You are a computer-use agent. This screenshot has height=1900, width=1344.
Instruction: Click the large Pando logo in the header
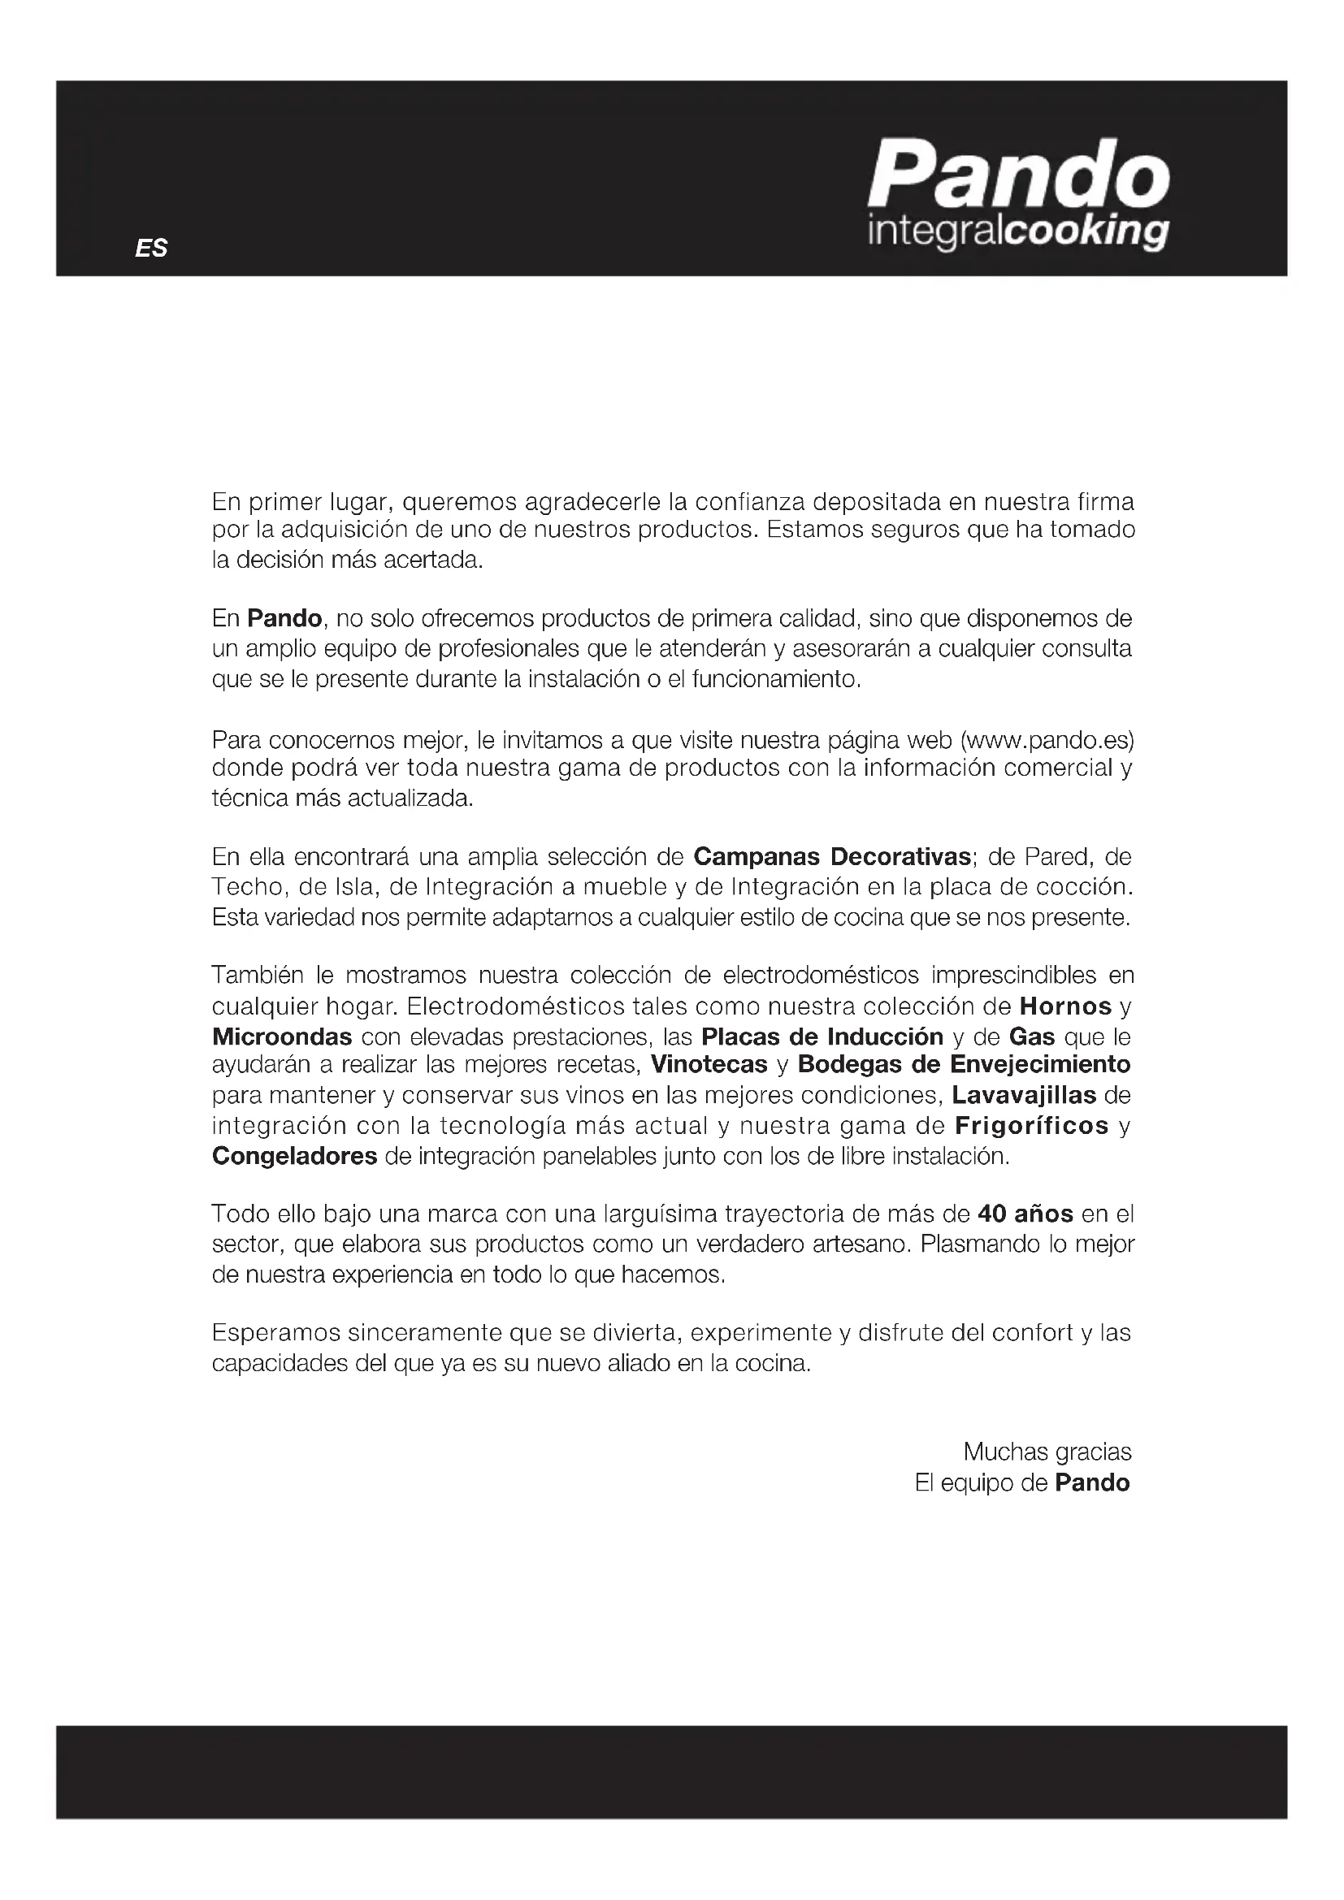point(1018,175)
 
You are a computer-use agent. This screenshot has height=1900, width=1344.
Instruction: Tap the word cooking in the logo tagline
point(1086,232)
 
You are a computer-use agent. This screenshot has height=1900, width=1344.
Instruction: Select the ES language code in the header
point(151,249)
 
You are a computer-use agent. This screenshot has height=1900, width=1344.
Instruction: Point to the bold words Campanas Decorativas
point(832,855)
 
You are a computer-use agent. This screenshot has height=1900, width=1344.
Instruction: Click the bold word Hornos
point(1065,1006)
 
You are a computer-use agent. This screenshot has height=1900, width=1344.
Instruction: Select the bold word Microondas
point(282,1037)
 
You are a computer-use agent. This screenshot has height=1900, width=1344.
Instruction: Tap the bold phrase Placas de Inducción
point(822,1037)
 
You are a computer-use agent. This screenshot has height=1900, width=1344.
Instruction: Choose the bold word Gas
point(1031,1037)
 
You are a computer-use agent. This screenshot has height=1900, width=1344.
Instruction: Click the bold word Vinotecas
point(709,1064)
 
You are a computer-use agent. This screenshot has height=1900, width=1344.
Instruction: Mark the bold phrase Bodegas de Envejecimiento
point(964,1064)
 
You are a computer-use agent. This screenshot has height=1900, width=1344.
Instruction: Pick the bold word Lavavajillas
point(1023,1095)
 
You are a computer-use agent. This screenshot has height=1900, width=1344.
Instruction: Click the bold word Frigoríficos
point(1031,1125)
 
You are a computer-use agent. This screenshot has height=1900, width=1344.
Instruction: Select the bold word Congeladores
point(295,1156)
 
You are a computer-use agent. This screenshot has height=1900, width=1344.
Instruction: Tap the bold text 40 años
point(1025,1214)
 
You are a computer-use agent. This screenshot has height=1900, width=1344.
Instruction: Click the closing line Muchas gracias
point(1047,1452)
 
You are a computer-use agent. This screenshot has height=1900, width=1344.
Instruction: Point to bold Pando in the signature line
point(1091,1482)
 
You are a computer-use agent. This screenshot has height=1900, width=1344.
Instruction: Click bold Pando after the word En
point(284,618)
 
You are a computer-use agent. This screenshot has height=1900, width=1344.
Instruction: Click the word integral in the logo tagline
point(934,232)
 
